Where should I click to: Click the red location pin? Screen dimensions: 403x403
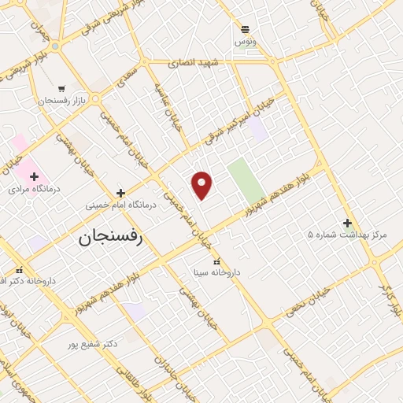tap(202, 184)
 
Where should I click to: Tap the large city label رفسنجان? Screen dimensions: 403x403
tap(111, 238)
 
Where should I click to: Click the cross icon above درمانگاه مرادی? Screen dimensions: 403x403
tap(34, 176)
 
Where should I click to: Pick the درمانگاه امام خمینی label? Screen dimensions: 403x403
tap(121, 205)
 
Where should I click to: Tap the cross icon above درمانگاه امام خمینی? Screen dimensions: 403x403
tap(120, 192)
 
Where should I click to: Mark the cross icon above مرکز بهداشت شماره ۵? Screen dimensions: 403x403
tap(347, 222)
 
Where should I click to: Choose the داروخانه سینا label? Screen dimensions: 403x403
tap(216, 273)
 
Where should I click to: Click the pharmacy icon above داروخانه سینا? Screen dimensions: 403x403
tap(217, 261)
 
